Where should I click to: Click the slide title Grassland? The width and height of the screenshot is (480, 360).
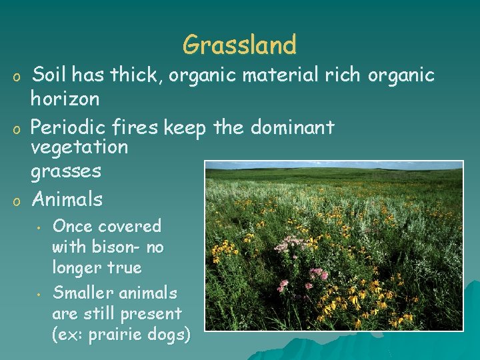(239, 45)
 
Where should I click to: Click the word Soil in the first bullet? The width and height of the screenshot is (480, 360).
(53, 75)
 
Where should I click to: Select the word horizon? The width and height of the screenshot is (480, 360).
(65, 99)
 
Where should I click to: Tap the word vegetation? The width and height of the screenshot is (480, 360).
(79, 147)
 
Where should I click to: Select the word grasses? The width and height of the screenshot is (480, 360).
(66, 171)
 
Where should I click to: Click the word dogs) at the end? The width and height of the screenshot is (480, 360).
(169, 334)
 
